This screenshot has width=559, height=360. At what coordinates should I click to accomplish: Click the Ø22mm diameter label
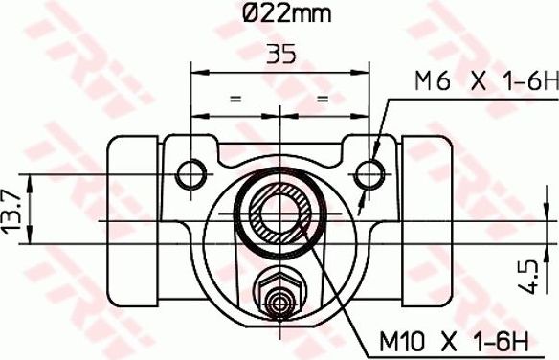pyautogui.click(x=280, y=14)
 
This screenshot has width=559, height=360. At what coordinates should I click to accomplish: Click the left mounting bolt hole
pyautogui.click(x=192, y=171)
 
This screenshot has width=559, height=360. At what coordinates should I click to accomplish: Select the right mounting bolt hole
pyautogui.click(x=370, y=171)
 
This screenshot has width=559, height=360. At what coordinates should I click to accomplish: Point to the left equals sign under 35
pyautogui.click(x=233, y=98)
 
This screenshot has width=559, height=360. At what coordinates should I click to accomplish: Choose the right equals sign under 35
pyautogui.click(x=323, y=98)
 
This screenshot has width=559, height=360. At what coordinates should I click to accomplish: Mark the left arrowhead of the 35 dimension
pyautogui.click(x=198, y=69)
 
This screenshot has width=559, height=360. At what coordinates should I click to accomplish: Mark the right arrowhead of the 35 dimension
pyautogui.click(x=365, y=69)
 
